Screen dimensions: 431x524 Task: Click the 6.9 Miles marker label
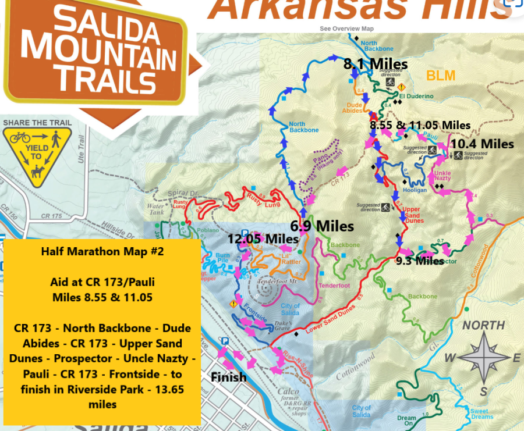321,225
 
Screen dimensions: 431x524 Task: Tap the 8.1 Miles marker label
375,63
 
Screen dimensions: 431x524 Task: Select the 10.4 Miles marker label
482,144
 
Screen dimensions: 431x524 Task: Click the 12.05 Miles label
263,238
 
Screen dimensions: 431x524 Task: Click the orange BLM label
440,76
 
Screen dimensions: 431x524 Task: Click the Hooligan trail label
415,190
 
